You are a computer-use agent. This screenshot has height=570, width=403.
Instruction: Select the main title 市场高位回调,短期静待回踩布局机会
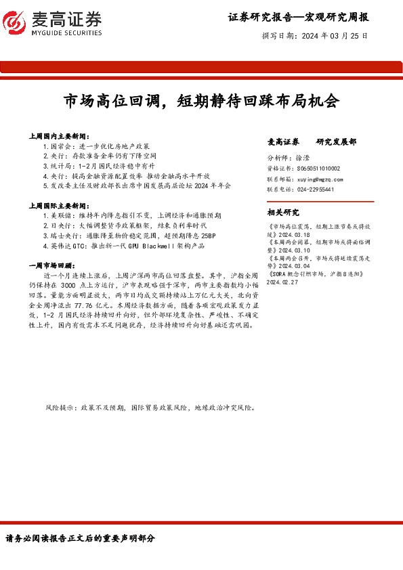201,102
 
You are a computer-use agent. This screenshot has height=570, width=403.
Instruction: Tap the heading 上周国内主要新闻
60,136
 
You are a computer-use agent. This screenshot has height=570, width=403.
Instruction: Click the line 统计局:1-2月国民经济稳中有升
98,165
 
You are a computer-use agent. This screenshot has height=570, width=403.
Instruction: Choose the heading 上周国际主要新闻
60,204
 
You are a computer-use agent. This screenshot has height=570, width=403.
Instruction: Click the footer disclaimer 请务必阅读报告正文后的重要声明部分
80,538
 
